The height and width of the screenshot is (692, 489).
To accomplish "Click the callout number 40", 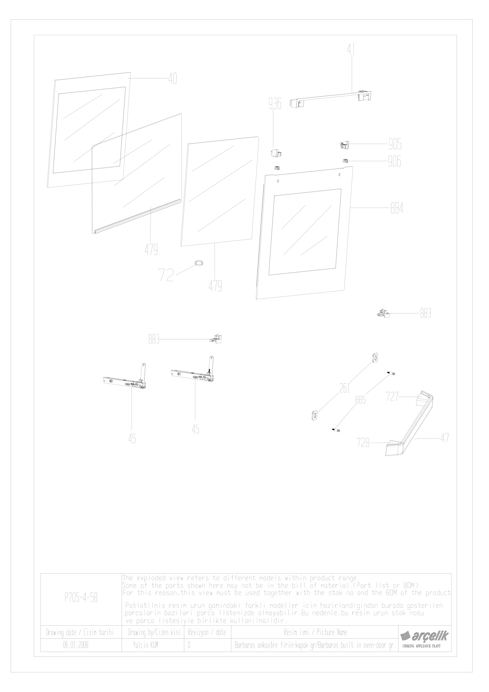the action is (172, 79).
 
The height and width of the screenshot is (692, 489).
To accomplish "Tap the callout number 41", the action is (351, 50).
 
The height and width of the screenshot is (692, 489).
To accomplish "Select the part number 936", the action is (275, 104).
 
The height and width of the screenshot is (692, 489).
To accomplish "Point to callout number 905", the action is (395, 145).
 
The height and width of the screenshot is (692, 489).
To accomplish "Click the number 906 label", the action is (395, 161).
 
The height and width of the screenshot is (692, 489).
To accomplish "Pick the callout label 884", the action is (397, 208).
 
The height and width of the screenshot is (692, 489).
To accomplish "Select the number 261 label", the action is (345, 388).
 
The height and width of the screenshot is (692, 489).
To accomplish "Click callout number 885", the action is (361, 400).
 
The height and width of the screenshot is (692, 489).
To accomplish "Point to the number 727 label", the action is (393, 397).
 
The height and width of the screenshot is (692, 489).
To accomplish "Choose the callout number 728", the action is (363, 443).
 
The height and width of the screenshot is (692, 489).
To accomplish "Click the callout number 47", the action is (445, 438).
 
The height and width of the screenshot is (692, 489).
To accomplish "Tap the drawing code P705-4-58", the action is (81, 598).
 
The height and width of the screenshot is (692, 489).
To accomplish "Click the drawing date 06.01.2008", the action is (76, 645).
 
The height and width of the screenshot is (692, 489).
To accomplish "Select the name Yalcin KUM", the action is (146, 645).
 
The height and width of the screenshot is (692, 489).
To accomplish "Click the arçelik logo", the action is (424, 636).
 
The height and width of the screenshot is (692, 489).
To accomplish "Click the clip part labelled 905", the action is (344, 145).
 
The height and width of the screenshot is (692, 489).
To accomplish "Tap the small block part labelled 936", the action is (276, 153).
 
